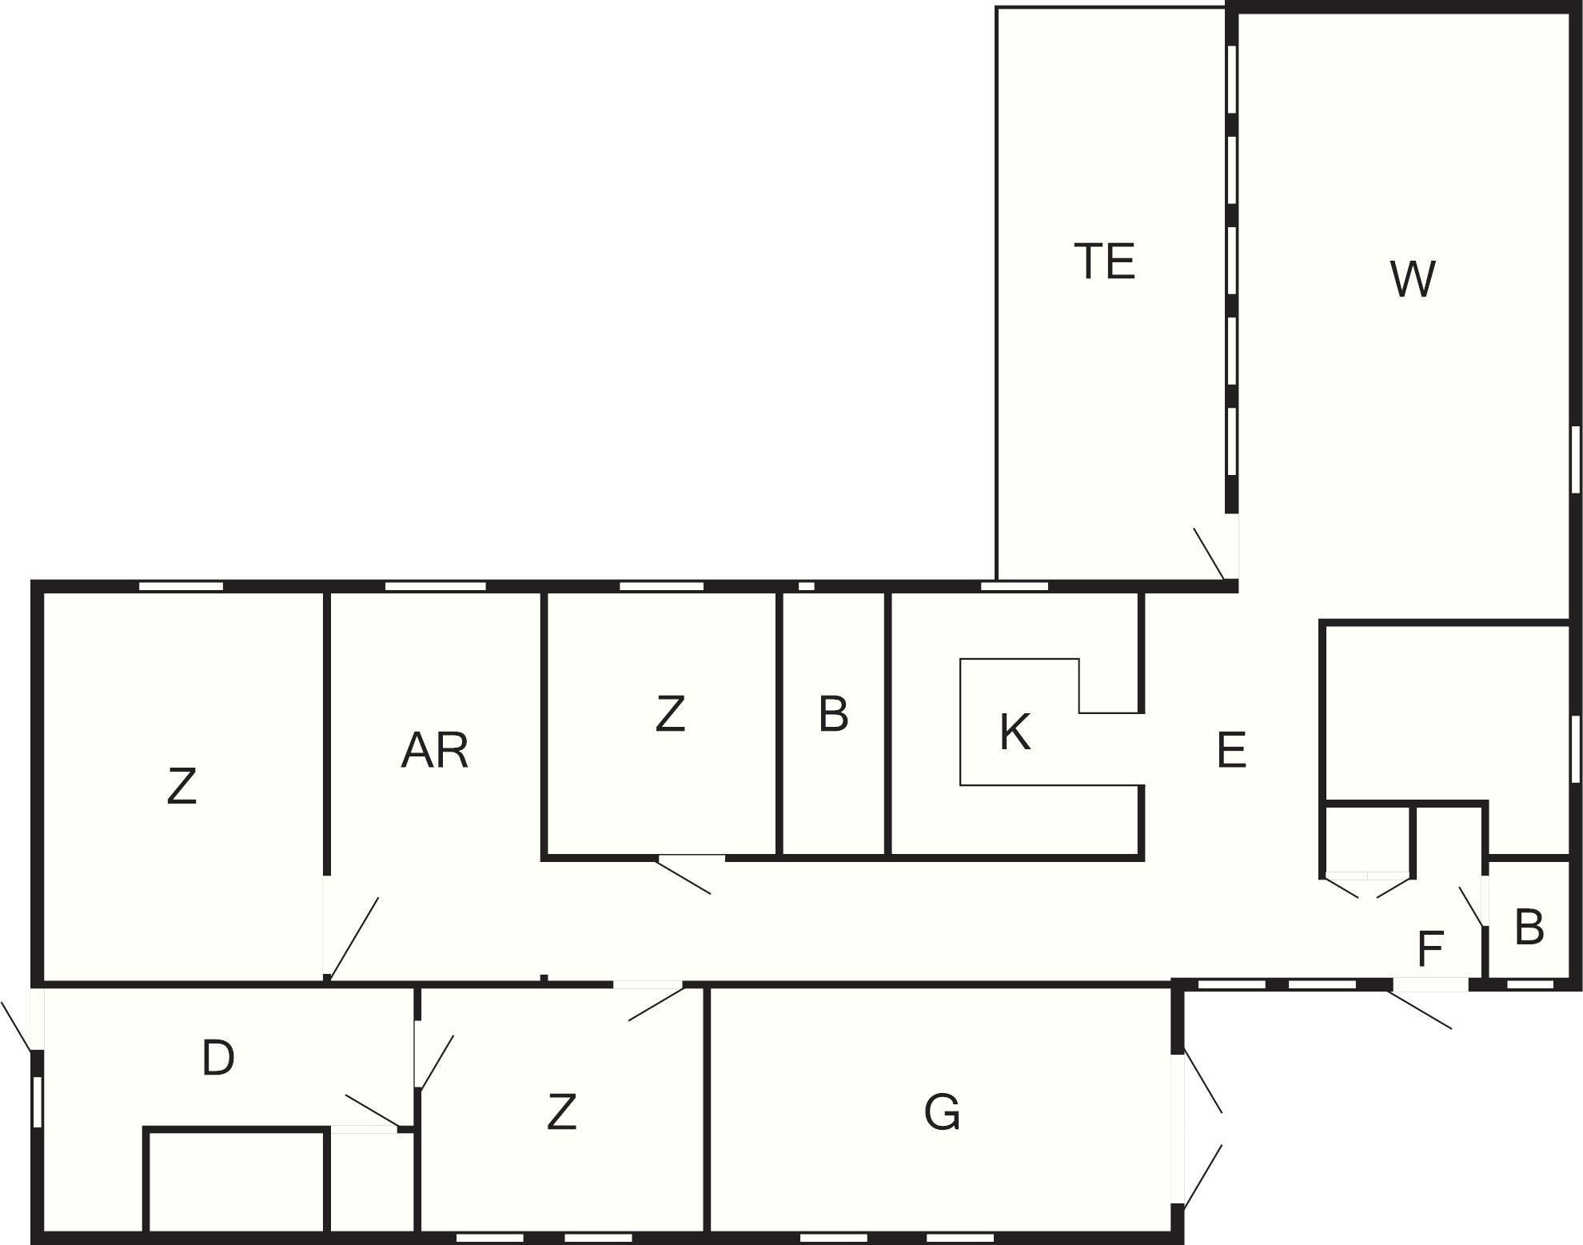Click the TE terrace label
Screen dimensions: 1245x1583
[x=1104, y=261]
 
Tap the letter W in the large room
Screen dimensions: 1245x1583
[x=1413, y=279]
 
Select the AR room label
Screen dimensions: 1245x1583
[x=434, y=751]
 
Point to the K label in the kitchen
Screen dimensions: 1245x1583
[x=1015, y=732]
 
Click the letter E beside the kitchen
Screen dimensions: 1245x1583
[x=1230, y=750]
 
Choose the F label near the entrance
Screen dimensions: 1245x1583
[x=1429, y=949]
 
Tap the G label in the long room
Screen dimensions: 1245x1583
[x=942, y=1112]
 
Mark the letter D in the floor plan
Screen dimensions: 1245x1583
[x=217, y=1058]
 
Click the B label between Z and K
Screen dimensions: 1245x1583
[x=833, y=714]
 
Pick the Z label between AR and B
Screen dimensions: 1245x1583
[x=670, y=714]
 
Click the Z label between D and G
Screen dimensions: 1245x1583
[x=561, y=1112]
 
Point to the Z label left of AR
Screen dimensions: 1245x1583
[x=181, y=786]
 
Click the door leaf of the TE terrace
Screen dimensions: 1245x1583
[x=1208, y=553]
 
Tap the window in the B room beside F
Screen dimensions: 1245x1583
[x=1529, y=985]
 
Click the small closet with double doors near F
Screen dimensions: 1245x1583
[x=1367, y=840]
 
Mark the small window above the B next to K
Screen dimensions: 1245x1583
[x=807, y=586]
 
